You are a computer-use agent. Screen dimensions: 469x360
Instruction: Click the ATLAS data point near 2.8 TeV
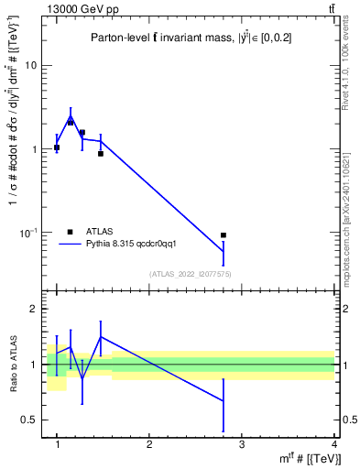[224, 235]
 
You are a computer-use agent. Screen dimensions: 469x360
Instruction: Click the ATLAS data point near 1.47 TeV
[101, 153]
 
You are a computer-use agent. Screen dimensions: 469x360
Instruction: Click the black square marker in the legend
[70, 232]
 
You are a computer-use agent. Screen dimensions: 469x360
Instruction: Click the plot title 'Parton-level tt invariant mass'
[175, 38]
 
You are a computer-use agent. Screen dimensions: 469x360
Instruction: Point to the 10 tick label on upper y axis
[31, 66]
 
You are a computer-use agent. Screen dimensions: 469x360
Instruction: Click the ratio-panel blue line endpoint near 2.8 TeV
[224, 400]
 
